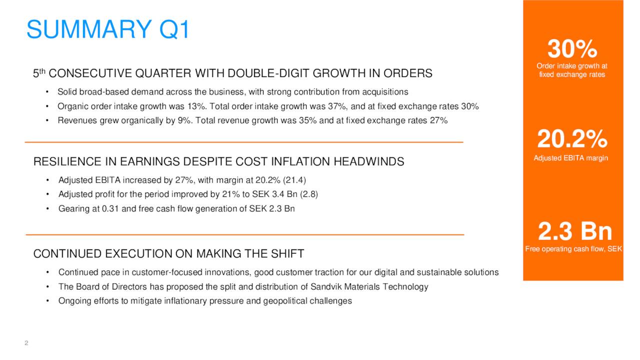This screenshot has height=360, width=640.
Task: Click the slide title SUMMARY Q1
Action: (x=108, y=29)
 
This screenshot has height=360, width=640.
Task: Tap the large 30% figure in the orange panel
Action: (x=572, y=49)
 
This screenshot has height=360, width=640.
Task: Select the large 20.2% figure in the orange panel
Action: (x=572, y=139)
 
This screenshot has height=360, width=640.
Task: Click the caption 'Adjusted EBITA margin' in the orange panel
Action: (x=571, y=158)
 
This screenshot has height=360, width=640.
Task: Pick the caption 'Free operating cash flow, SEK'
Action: (x=573, y=249)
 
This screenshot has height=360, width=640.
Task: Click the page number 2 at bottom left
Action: (x=26, y=343)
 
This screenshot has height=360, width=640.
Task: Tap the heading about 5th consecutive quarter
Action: (x=232, y=73)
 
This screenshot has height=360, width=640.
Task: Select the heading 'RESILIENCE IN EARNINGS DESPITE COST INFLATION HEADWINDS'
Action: (x=218, y=161)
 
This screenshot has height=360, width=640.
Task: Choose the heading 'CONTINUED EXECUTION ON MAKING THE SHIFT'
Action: (x=168, y=253)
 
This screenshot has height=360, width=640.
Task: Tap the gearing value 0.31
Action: (x=111, y=208)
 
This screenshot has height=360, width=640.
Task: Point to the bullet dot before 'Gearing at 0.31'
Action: (x=47, y=208)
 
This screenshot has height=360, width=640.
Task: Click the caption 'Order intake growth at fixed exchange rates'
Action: (x=572, y=70)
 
